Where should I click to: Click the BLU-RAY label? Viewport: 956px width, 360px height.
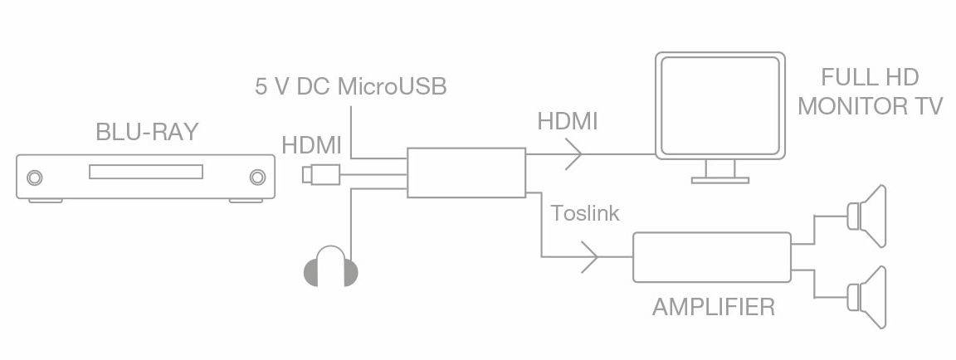point(147,132)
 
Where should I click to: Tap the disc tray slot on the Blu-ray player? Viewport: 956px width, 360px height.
point(145,173)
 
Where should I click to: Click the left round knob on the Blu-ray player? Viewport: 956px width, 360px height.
point(35,178)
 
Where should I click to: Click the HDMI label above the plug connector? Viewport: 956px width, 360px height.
point(311,145)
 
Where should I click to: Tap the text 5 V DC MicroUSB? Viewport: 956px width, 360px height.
point(350,86)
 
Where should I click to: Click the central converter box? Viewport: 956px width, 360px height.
point(466,173)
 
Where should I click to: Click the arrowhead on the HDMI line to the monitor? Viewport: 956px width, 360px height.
point(573,153)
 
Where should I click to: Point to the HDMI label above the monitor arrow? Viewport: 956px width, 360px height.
point(567,120)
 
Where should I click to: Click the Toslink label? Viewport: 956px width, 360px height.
point(585,212)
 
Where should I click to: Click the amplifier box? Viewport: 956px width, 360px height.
point(711,257)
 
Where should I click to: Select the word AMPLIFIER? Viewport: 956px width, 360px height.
point(713,308)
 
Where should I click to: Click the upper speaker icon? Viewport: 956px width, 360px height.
point(867,216)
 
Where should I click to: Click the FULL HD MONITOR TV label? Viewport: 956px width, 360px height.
point(871,92)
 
